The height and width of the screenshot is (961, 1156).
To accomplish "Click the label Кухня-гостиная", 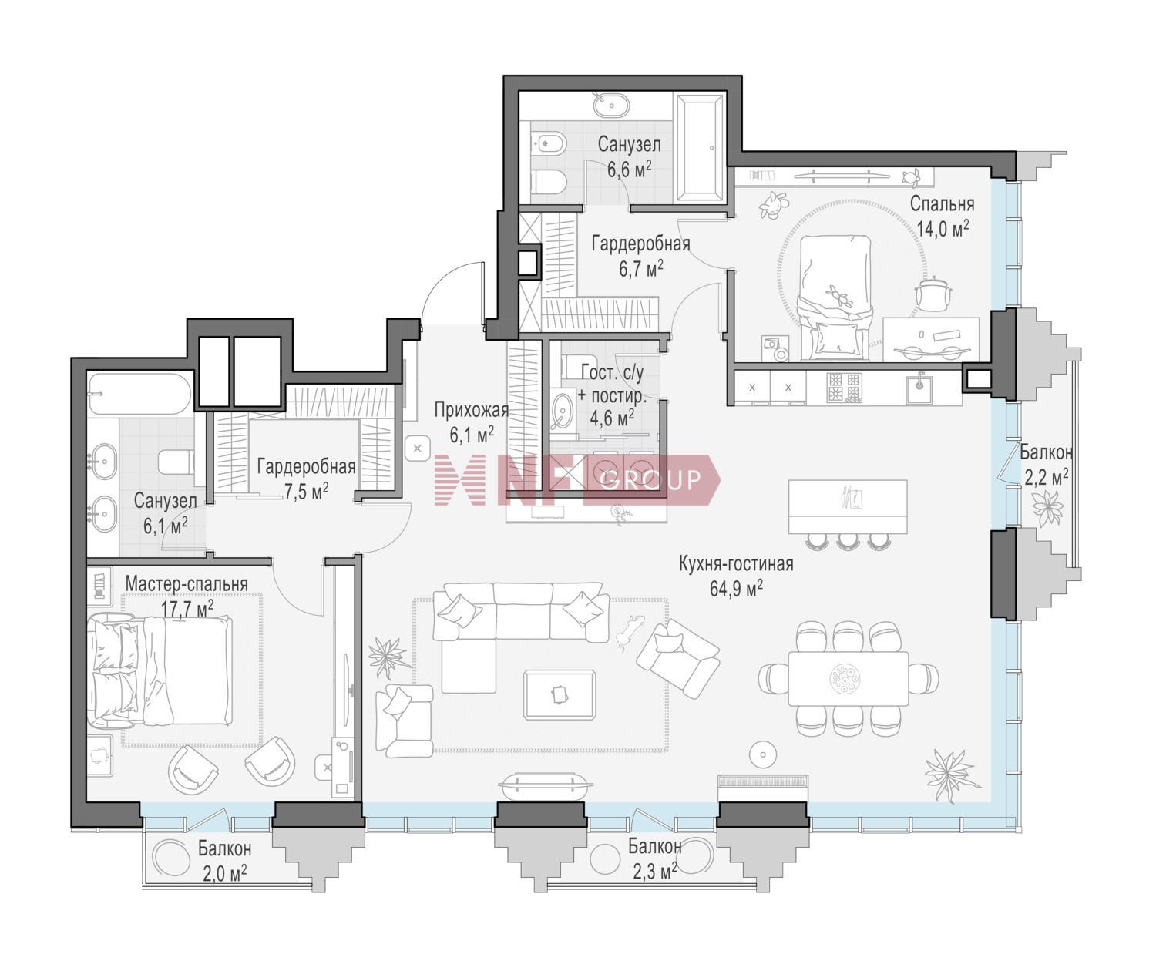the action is point(736,564).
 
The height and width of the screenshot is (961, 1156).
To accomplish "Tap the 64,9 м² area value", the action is point(736,589).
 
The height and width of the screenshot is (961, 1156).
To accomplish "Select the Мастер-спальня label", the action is point(186,584).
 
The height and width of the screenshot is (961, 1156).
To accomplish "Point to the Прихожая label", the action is point(471,410).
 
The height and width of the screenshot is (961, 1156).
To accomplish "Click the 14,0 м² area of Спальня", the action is point(943,227).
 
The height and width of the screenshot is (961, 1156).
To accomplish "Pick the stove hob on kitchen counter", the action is point(845,387).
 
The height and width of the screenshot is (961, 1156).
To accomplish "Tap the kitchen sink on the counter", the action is point(919,388).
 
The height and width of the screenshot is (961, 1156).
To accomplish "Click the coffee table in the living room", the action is point(560,694).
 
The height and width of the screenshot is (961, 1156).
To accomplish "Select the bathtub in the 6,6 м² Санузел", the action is point(700,147).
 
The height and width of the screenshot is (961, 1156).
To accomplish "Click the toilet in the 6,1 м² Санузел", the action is point(176,462).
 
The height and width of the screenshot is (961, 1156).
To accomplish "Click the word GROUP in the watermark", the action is point(650,481).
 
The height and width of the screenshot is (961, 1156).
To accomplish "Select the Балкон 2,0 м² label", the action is point(225,860).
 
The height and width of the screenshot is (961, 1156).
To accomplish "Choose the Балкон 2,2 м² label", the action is point(1046,465).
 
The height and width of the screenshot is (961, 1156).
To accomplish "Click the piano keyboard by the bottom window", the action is point(763,788).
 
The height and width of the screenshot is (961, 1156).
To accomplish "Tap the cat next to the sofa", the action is point(630,630).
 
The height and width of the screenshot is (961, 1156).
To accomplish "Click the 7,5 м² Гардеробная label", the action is point(306,479).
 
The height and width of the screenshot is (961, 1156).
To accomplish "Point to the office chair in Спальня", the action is point(933,292).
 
